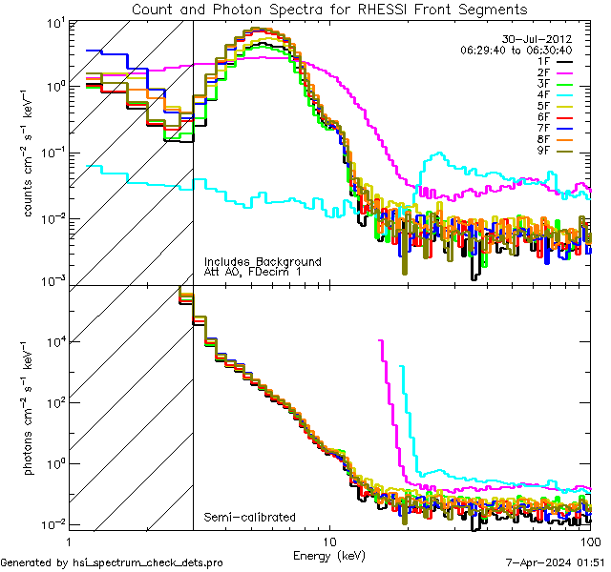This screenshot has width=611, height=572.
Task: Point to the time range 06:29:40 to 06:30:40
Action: (516, 50)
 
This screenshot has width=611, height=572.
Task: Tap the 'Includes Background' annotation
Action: (263, 261)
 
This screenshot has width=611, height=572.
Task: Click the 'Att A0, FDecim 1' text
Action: (251, 273)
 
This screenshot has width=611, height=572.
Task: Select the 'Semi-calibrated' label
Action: (249, 518)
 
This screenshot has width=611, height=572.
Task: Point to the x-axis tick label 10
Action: (330, 540)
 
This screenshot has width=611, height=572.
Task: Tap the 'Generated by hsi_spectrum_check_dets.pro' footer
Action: (112, 563)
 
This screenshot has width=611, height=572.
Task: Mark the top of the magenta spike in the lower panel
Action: (381, 340)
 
